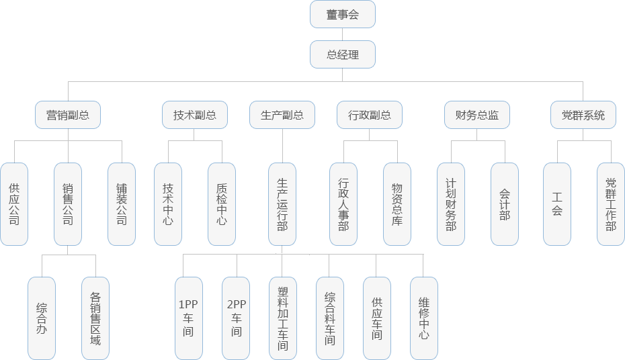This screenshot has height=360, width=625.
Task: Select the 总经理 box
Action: click(x=342, y=55)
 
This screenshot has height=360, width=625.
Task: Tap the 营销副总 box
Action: click(x=67, y=115)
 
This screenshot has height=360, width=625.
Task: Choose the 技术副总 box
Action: click(x=194, y=115)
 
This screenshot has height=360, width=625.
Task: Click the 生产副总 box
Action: click(x=282, y=115)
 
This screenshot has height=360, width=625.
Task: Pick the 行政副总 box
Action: click(x=369, y=115)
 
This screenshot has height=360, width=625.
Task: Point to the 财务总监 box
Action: click(x=476, y=115)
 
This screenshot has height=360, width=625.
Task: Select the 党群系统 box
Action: click(x=583, y=115)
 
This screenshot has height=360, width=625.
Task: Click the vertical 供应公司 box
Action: click(x=14, y=204)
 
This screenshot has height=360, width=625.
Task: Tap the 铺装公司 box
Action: click(x=122, y=204)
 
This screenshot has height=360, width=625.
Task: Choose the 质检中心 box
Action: click(x=222, y=204)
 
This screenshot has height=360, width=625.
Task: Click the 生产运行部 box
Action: click(x=282, y=204)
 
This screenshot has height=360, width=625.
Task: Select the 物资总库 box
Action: click(x=397, y=204)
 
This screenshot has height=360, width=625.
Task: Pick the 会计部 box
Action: click(x=505, y=204)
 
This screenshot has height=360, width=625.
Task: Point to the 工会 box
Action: click(x=556, y=204)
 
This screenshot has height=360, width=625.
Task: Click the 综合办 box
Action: click(x=42, y=318)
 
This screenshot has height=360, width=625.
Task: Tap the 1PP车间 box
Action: click(x=188, y=318)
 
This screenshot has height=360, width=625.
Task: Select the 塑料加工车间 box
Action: click(x=282, y=318)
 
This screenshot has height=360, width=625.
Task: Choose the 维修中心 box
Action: click(x=423, y=318)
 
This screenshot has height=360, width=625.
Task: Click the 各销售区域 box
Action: click(x=95, y=318)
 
